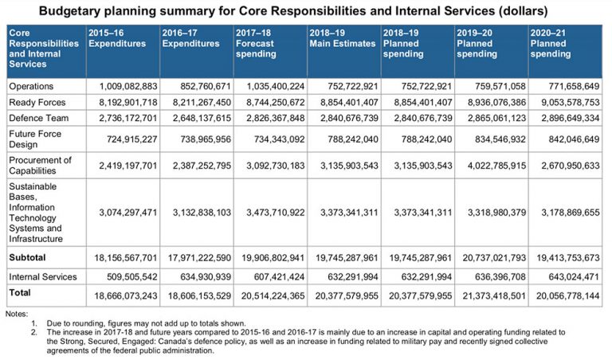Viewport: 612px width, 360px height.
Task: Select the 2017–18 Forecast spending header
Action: pyautogui.click(x=262, y=43)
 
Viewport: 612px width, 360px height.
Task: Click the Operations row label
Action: pyautogui.click(x=31, y=85)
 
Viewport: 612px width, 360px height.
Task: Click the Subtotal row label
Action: pyautogui.click(x=27, y=259)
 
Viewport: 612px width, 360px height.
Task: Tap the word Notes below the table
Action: pyautogui.click(x=16, y=314)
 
